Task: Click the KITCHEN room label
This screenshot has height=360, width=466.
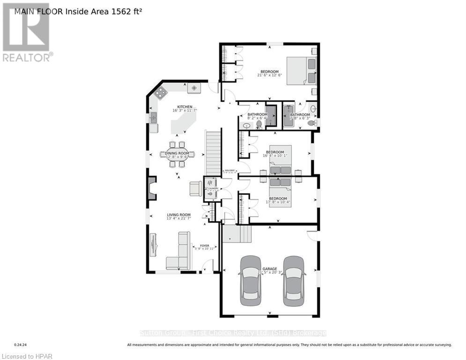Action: (x=185, y=107)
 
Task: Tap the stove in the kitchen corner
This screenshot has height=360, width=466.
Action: (x=161, y=93)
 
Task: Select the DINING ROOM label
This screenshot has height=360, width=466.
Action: (x=177, y=153)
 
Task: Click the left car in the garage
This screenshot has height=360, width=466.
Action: (x=250, y=280)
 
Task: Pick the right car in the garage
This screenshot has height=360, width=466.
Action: (x=294, y=280)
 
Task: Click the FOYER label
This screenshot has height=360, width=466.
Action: (x=205, y=245)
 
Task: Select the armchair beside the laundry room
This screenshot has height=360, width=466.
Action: (x=196, y=188)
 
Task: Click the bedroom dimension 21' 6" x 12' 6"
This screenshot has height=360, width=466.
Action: (x=269, y=75)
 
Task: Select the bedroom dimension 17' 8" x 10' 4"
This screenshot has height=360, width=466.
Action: (x=278, y=202)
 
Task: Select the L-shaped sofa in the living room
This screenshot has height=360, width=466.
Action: (x=180, y=253)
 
